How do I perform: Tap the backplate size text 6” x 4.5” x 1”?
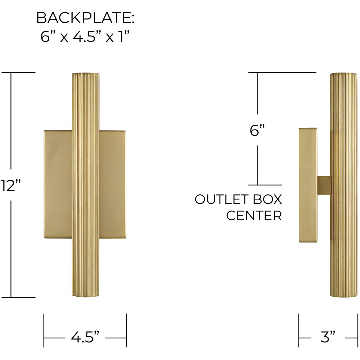(85, 37)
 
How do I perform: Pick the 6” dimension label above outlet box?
(257, 130)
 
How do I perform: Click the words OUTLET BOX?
(238, 199)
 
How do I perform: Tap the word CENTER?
(254, 216)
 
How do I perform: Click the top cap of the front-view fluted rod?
(86, 75)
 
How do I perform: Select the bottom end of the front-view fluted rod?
(86, 295)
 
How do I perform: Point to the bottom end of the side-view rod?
(344, 295)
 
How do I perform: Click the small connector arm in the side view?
(324, 184)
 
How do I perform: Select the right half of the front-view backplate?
(112, 184)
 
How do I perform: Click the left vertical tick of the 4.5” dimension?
(44, 330)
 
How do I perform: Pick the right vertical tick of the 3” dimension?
(356, 330)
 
